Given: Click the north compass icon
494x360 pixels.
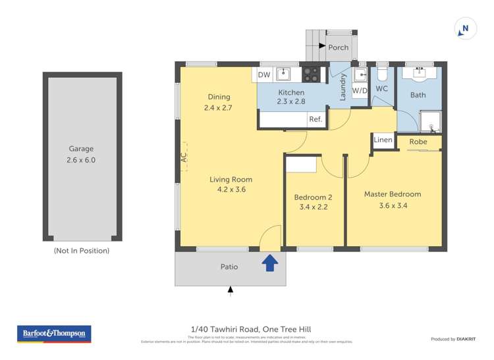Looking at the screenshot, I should pos(465,28).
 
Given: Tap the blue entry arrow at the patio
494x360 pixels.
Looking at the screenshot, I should pos(269,264).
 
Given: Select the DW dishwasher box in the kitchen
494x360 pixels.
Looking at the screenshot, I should pos(264,75).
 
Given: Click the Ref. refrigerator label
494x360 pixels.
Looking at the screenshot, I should pos(316,119).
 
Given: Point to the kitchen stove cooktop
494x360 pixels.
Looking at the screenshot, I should pos(311,75).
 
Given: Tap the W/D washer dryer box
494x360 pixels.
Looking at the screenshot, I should pos(360,90).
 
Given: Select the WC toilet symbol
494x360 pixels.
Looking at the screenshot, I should pos(382,73).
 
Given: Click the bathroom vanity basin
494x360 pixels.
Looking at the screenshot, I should pos(418,73).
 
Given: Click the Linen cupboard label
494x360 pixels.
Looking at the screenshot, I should pos(383,140).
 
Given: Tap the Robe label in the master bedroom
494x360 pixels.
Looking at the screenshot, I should pos(418,141).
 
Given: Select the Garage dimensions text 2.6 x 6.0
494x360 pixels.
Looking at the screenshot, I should pos(82,160).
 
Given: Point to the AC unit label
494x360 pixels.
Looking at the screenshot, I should pos(184,157).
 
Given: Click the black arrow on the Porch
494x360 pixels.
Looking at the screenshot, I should pos(322,47).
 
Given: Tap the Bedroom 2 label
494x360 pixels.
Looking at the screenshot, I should pos(312,197).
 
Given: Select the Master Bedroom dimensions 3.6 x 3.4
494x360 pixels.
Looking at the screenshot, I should pos(393,205).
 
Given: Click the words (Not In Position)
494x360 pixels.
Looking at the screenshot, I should pos(82,251).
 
